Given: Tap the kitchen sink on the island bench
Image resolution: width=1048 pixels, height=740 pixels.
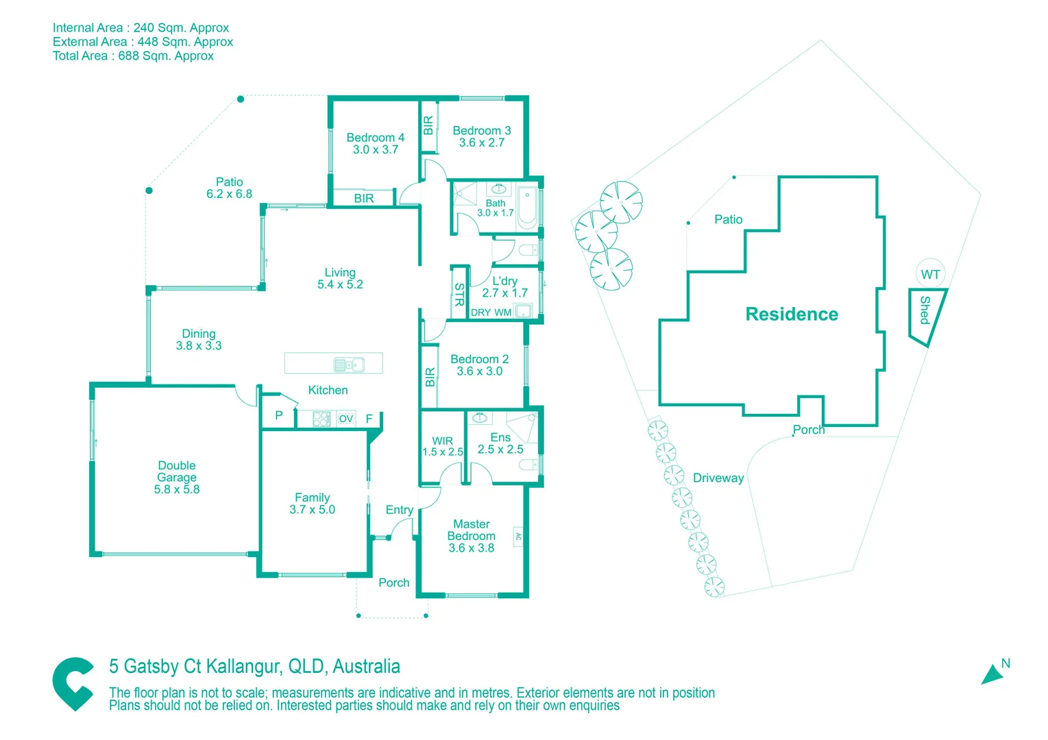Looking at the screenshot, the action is click(x=349, y=365).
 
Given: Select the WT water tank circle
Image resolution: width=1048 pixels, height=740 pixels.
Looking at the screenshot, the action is click(x=930, y=274).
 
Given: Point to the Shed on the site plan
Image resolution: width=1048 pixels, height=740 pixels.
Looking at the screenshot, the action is click(x=926, y=314).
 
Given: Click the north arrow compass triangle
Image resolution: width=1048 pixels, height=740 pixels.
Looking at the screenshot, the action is click(x=992, y=674).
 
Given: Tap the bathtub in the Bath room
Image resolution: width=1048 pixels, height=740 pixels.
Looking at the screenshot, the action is click(x=527, y=207).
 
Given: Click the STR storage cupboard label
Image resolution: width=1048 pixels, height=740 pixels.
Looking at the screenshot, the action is click(x=459, y=294).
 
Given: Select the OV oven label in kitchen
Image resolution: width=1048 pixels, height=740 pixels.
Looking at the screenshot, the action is click(x=346, y=419).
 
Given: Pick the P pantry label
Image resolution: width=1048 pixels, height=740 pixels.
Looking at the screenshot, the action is click(x=279, y=415).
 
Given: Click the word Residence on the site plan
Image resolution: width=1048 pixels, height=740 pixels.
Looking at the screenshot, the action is click(x=792, y=314).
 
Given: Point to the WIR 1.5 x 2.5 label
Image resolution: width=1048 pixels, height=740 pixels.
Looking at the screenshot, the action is click(x=443, y=446).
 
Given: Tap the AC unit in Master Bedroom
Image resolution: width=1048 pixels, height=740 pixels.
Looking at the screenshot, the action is click(x=518, y=537).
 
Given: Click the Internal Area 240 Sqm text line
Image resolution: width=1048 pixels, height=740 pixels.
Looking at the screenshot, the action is click(x=141, y=27).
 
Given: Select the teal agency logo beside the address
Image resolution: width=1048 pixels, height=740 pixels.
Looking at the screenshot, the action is click(x=73, y=684).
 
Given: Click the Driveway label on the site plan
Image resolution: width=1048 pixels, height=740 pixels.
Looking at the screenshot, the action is click(x=718, y=478).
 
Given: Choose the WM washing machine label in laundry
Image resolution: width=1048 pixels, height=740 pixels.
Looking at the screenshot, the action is click(x=502, y=312).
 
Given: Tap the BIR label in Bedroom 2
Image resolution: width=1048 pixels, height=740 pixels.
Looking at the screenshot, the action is click(x=430, y=377).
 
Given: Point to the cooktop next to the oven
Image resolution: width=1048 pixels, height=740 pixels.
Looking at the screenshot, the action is click(x=321, y=419).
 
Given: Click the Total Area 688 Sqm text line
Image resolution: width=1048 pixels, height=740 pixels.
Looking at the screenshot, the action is click(x=133, y=56).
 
